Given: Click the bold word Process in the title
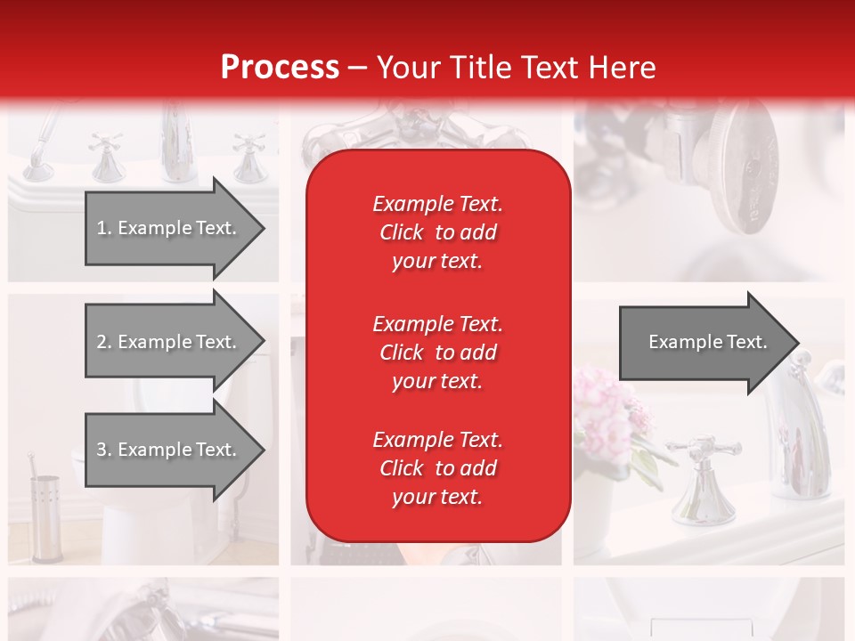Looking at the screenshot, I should pyautogui.click(x=280, y=67).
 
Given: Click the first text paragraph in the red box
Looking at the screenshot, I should pyautogui.click(x=437, y=232).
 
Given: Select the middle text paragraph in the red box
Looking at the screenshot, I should pyautogui.click(x=437, y=353).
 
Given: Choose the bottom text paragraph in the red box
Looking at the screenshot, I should pyautogui.click(x=437, y=468).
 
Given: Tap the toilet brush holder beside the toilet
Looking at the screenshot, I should pyautogui.click(x=45, y=516).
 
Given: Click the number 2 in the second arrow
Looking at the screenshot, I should pyautogui.click(x=102, y=342).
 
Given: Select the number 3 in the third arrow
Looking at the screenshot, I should pyautogui.click(x=102, y=450).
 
